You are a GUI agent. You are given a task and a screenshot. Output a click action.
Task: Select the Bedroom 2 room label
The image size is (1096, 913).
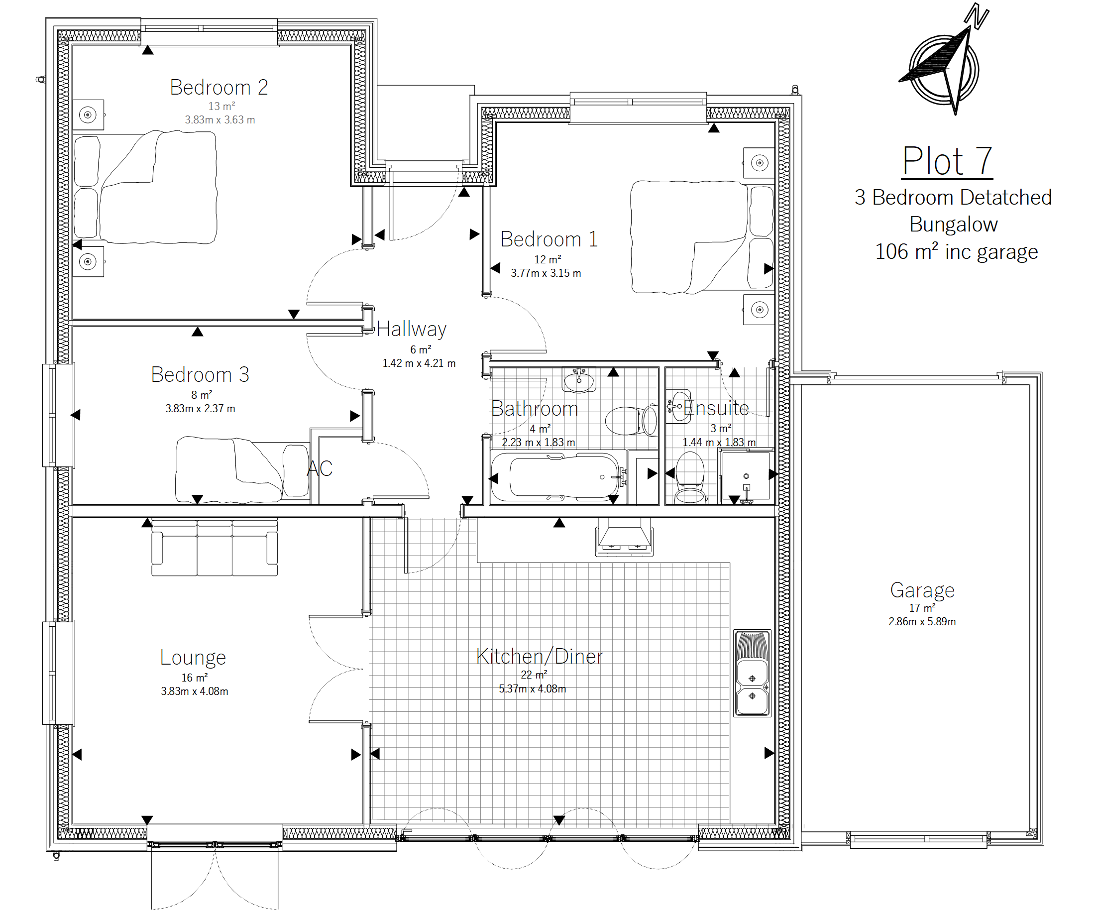pos(219,87)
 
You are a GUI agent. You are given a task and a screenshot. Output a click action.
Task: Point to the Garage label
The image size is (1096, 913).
pos(922,590)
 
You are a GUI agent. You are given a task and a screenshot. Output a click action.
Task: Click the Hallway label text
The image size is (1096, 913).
pos(412,330)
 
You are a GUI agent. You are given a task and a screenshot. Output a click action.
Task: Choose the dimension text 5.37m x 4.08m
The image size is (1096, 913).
pos(533,688)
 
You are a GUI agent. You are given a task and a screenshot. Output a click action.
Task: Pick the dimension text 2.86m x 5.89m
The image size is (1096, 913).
pos(922,621)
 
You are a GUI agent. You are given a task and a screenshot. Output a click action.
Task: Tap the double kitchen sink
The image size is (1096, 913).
pos(752,673)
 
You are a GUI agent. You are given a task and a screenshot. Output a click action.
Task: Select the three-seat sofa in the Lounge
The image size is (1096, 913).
pos(215,548)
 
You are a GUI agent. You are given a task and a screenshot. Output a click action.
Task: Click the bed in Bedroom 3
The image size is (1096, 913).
pos(243,469)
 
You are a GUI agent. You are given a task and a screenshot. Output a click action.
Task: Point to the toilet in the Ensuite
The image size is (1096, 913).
pos(690,477)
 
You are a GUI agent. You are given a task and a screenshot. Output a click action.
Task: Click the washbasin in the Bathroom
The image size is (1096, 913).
pos(579,379)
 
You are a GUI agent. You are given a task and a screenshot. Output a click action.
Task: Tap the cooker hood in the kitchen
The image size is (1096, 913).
pos(624,537)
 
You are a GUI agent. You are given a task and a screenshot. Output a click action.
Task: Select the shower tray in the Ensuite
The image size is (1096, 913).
pos(745,477)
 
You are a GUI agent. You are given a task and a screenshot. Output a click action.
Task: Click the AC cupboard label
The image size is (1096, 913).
pos(320,468)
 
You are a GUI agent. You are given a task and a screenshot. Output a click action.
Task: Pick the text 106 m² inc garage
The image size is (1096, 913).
pos(956,251)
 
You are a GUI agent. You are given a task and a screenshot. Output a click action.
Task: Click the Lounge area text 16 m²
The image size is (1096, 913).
pos(195,678)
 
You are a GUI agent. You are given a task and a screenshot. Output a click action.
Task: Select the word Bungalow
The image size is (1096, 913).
pos(954,225)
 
